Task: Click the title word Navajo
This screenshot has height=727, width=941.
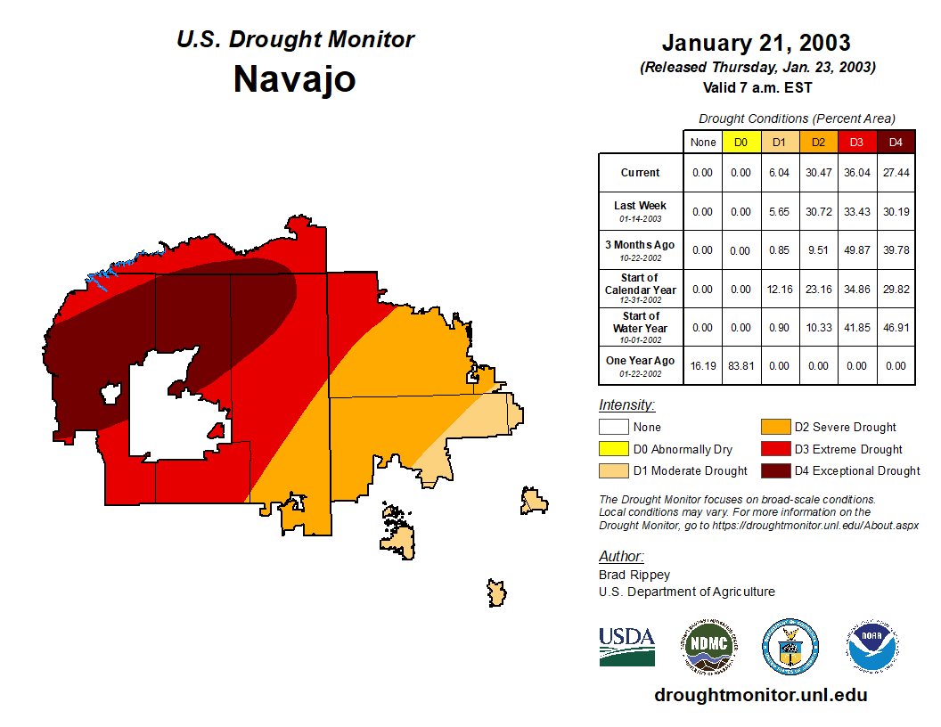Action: (294, 79)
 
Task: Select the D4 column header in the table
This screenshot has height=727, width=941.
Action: (896, 142)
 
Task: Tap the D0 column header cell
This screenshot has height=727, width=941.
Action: (741, 142)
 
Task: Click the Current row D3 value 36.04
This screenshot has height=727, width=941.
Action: (857, 173)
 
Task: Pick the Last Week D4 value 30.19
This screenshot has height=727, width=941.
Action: (896, 211)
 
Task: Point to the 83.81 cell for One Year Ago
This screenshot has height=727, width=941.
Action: (741, 365)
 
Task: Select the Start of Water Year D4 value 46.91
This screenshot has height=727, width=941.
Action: (896, 327)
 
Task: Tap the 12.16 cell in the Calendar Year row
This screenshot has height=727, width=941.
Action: (780, 289)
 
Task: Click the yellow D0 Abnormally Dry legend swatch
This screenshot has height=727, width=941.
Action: (613, 449)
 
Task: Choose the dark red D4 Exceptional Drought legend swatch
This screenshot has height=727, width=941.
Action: (775, 470)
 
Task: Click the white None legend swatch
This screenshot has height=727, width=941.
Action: (613, 428)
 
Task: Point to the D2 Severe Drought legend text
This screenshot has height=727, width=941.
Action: (846, 428)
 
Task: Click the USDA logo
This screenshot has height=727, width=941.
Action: (626, 646)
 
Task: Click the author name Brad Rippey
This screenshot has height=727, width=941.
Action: (634, 575)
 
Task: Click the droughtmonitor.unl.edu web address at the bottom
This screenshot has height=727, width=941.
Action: (760, 695)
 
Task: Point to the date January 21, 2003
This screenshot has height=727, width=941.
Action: (756, 43)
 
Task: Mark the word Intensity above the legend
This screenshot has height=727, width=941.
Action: (626, 405)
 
